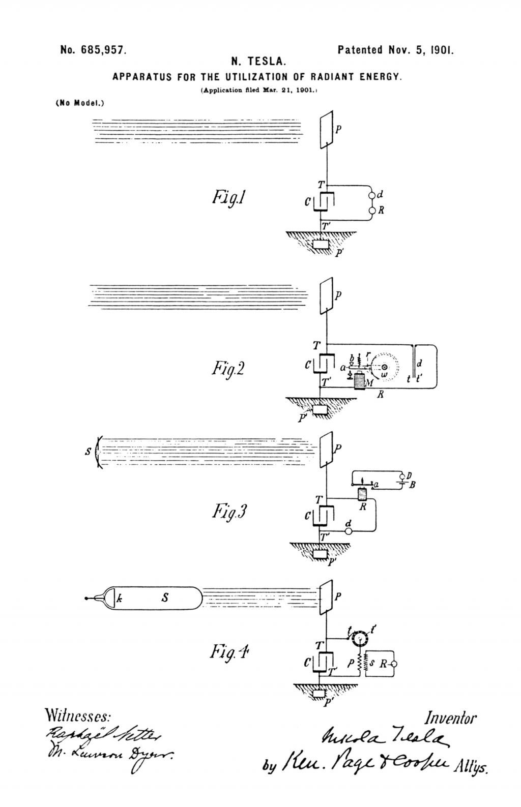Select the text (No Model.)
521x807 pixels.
pos(79,103)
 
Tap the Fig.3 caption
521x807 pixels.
pos(229,511)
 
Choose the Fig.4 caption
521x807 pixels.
pos(229,651)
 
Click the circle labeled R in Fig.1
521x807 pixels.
pos(372,210)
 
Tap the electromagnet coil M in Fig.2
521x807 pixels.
pos(359,381)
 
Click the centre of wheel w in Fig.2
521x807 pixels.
pos(385,367)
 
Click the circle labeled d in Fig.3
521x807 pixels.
pos(349,531)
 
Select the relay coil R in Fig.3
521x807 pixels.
pos(362,494)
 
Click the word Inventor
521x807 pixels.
pos(450,719)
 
